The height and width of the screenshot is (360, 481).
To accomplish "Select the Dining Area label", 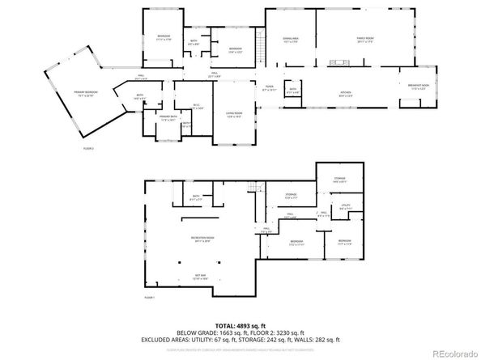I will click(291, 39).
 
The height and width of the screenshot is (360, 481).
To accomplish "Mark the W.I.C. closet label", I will click(185, 108).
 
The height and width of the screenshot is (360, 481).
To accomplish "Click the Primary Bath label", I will click(168, 118).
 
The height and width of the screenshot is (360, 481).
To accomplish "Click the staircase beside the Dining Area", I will click(260, 44).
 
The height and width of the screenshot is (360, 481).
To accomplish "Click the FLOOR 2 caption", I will click(88, 148).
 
